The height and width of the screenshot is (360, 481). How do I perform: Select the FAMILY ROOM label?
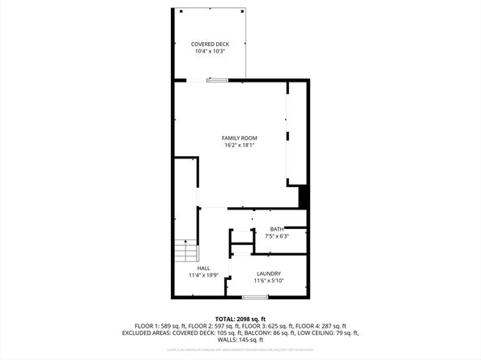[240, 138]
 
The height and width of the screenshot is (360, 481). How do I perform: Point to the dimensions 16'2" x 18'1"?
[240, 146]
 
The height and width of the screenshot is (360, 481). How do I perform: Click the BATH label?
[276, 229]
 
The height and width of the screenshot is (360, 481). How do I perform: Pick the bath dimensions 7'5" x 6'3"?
[276, 236]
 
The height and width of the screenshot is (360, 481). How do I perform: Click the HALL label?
[204, 268]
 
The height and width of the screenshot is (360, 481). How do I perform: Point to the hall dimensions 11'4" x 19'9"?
[204, 275]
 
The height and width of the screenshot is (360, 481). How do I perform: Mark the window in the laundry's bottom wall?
[255, 298]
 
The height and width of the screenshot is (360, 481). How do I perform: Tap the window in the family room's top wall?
[217, 79]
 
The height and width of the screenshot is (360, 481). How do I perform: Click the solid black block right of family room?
[304, 197]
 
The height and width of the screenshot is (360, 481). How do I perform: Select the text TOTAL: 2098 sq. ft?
[240, 319]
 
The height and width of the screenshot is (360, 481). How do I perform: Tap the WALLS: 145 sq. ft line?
[240, 340]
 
